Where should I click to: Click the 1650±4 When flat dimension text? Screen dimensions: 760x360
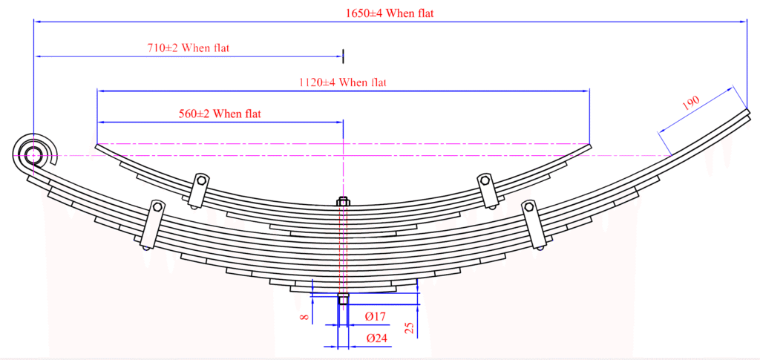[x=389, y=13]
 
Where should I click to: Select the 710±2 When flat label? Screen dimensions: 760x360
[x=188, y=48]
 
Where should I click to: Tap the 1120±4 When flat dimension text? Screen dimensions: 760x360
[x=343, y=82]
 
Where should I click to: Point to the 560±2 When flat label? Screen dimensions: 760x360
[x=220, y=114]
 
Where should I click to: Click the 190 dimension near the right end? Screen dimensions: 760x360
[x=691, y=103]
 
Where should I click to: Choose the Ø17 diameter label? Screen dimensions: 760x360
[x=375, y=316]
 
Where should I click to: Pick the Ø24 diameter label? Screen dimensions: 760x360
[x=377, y=338]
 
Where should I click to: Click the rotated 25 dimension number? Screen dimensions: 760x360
[x=410, y=328]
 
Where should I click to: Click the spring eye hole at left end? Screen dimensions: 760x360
[x=33, y=155]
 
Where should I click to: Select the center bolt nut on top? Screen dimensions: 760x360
[x=343, y=201]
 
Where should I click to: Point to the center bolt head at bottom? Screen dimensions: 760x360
[x=343, y=299]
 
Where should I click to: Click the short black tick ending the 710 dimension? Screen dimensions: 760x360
[x=344, y=56]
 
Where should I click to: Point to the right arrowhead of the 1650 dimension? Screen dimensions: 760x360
[x=742, y=22]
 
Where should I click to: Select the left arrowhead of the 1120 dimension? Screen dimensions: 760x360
[x=101, y=90]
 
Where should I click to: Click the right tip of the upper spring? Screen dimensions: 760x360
[x=591, y=144]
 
